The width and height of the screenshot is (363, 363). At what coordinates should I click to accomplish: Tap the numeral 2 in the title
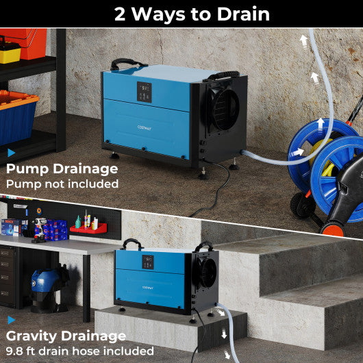tap(121, 14)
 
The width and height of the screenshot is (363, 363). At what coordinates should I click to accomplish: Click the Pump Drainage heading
tap(62, 168)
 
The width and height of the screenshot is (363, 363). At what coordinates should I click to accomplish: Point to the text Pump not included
tap(62, 184)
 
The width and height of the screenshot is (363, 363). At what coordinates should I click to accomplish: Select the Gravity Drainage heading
tap(66, 336)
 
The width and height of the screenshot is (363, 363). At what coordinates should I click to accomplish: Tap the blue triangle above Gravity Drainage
tap(10, 319)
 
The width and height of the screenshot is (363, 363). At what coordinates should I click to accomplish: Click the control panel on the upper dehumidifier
tap(145, 92)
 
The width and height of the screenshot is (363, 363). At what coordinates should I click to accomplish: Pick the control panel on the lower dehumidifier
tap(148, 262)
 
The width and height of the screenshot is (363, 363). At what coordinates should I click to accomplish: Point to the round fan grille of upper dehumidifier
tap(223, 108)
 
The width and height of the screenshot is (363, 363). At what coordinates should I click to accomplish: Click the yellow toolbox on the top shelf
tap(9, 52)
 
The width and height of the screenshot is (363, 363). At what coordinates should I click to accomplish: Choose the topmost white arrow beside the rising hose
tap(303, 40)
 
